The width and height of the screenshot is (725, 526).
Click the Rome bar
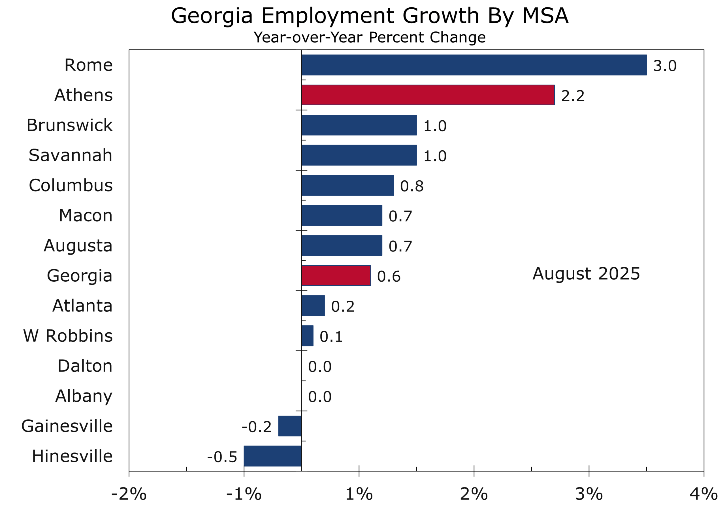474,65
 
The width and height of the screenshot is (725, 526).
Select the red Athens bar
428,95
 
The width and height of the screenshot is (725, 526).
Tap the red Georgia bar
336,275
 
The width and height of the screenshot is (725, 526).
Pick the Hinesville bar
272,456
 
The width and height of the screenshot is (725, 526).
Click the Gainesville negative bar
290,426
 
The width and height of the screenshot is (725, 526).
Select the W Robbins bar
307,335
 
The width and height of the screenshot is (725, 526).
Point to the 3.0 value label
665,66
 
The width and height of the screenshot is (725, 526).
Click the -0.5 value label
222,457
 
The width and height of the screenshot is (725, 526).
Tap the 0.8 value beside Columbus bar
412,186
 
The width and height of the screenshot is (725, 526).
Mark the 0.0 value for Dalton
320,367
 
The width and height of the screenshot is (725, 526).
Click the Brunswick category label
69,125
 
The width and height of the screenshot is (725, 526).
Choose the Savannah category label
70,155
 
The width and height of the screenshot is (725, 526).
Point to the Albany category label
84,396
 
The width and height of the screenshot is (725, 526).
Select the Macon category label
86,215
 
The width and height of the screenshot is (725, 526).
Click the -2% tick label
129,494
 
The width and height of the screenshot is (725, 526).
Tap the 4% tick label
703,494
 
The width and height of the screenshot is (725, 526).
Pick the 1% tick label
359,494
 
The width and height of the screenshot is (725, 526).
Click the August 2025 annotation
586,273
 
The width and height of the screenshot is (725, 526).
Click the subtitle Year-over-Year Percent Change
370,37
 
